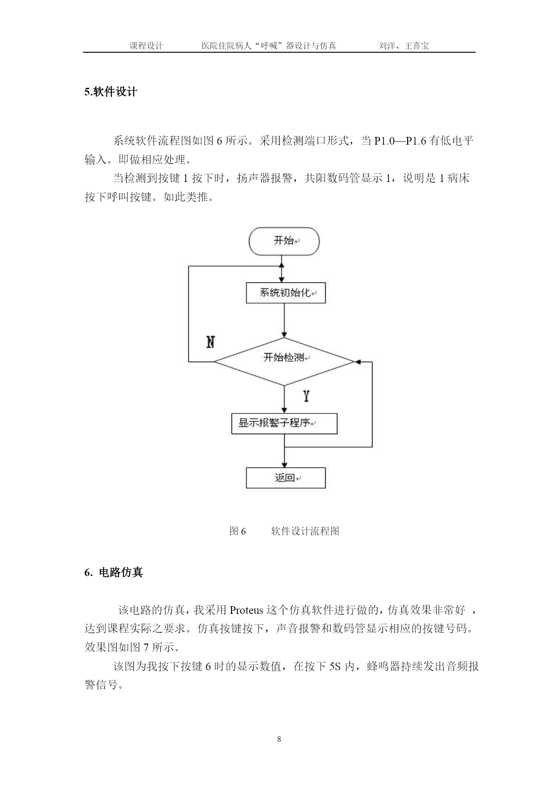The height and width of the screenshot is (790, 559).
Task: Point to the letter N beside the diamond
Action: (210, 342)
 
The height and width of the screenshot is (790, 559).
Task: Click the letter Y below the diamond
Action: (306, 396)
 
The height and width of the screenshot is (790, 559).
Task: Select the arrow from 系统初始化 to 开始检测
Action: (284, 320)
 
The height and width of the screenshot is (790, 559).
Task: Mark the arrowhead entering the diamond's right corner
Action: (359, 362)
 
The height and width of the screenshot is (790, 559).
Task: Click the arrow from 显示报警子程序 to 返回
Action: (284, 451)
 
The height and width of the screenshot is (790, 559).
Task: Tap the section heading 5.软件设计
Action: (111, 92)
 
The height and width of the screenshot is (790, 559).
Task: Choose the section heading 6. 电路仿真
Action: (114, 572)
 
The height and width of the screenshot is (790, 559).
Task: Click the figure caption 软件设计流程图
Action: (305, 531)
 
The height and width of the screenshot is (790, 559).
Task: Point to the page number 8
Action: (279, 739)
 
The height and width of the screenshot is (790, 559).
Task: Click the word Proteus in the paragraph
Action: (246, 610)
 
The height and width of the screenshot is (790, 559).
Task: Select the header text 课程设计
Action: (146, 45)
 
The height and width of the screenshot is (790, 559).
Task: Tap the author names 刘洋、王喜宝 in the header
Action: (404, 45)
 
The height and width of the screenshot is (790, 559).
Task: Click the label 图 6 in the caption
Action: (238, 531)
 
